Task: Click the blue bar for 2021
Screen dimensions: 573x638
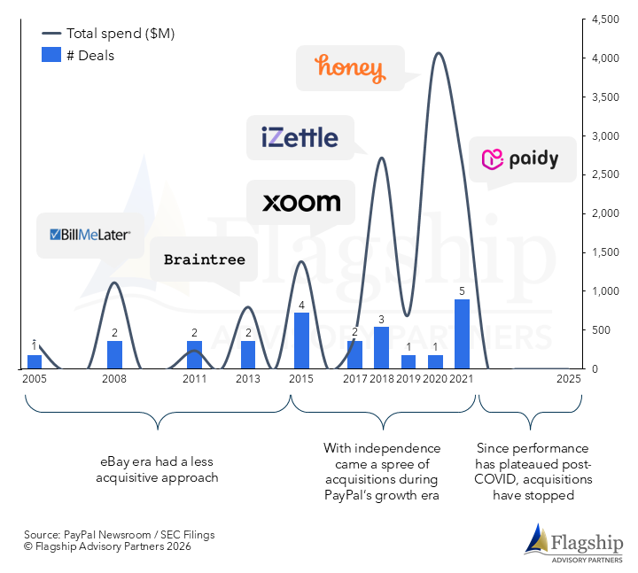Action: pyautogui.click(x=462, y=334)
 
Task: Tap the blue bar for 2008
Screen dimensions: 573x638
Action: pyautogui.click(x=114, y=354)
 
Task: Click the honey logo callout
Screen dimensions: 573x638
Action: pyautogui.click(x=349, y=68)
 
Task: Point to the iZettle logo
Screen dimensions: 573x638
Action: pyautogui.click(x=300, y=137)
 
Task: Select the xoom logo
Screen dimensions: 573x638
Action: pyautogui.click(x=301, y=203)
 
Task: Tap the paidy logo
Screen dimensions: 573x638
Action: pyautogui.click(x=521, y=159)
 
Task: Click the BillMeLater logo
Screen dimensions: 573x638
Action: pyautogui.click(x=91, y=235)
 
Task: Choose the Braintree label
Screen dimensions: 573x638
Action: pyautogui.click(x=204, y=260)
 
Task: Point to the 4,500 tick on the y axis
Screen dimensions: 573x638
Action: pyautogui.click(x=605, y=19)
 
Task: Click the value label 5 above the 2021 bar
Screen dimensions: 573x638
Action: pyautogui.click(x=462, y=290)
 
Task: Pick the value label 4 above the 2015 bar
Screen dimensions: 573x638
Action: pyautogui.click(x=301, y=306)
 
